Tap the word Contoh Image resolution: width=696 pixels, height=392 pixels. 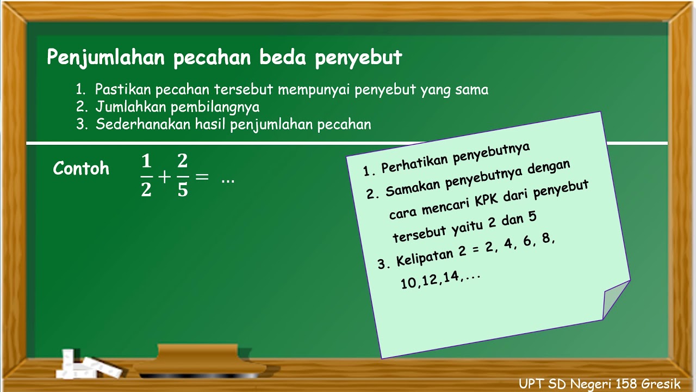tap(81, 169)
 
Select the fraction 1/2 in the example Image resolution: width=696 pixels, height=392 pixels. tap(146, 176)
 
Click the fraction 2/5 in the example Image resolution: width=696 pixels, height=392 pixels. tap(183, 176)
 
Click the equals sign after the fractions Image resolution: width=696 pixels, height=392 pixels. tap(201, 176)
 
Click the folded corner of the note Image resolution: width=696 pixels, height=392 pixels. tap(614, 299)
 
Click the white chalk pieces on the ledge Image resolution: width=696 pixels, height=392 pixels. tap(87, 364)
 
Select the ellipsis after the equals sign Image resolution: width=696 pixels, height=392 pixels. tap(228, 178)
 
